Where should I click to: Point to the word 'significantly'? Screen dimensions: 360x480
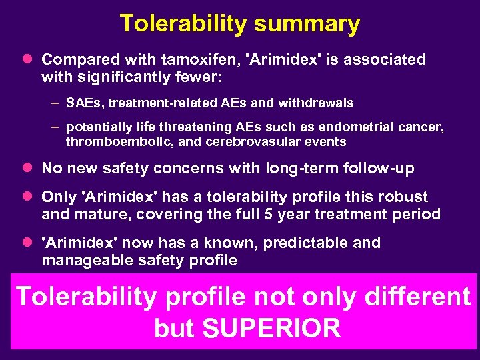(121, 78)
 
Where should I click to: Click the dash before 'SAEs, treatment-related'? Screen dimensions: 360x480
(53, 103)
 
